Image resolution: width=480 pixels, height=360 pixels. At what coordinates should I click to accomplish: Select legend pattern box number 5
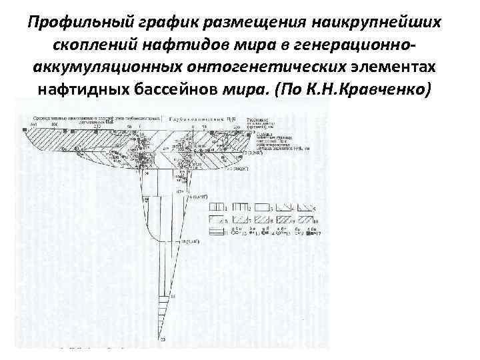pyautogui.click(x=307, y=209)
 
